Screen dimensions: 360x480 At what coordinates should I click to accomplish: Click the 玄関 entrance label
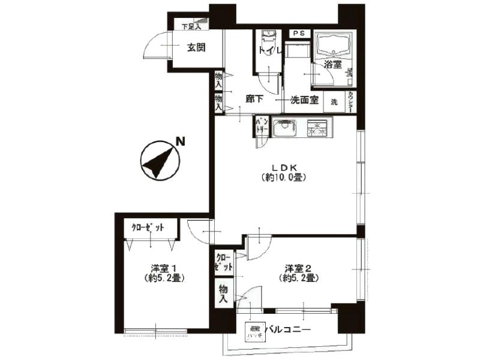[x=196, y=47]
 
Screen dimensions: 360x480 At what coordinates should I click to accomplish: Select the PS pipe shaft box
[x=298, y=34]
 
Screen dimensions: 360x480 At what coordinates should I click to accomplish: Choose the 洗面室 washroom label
[x=304, y=101]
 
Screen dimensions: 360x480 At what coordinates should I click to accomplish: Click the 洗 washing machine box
[x=334, y=101]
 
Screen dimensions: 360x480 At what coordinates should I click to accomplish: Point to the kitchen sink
[x=284, y=128]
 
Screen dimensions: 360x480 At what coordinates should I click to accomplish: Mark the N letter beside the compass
[x=179, y=142]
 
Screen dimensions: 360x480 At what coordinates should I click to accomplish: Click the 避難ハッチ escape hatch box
[x=254, y=332]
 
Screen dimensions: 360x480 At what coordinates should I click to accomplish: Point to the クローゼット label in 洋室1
[x=148, y=227]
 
